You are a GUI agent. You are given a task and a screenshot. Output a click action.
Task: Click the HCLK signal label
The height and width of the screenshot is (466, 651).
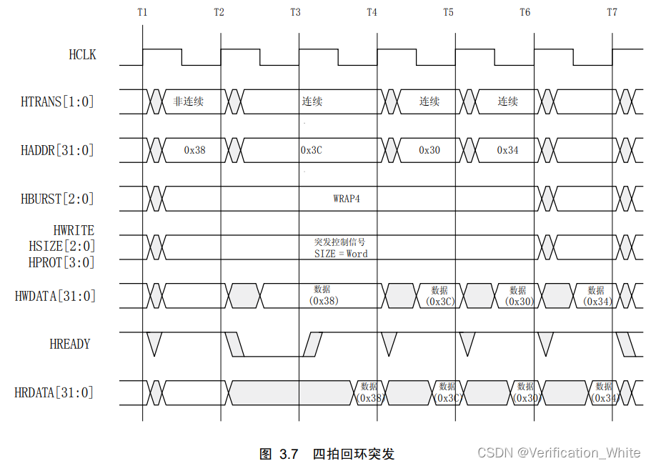click(x=81, y=54)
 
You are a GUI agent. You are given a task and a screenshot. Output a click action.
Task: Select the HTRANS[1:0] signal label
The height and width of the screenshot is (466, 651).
click(x=57, y=101)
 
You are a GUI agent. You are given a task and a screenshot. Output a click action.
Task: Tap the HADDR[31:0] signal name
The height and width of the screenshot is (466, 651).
click(x=57, y=150)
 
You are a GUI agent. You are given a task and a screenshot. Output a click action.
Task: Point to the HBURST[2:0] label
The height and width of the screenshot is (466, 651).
click(x=57, y=199)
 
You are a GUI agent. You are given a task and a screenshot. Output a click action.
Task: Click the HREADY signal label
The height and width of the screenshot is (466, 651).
click(x=70, y=344)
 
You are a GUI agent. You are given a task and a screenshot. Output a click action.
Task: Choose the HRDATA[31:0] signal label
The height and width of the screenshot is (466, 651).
click(x=54, y=392)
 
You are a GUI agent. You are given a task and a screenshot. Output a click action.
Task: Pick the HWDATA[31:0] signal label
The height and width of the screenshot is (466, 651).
click(x=55, y=295)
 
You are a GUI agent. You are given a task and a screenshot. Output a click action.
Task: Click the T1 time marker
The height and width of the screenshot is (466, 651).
click(x=142, y=12)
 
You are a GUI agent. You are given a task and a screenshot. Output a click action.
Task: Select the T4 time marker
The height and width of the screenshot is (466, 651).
click(x=372, y=12)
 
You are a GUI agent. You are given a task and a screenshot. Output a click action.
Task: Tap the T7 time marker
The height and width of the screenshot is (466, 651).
click(x=612, y=12)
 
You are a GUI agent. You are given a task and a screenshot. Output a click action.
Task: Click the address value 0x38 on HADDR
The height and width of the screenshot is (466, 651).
click(x=194, y=150)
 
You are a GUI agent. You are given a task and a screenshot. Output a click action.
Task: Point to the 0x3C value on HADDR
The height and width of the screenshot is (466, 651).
click(x=312, y=150)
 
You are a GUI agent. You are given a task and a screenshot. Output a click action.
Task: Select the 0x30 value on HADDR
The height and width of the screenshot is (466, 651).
click(x=429, y=150)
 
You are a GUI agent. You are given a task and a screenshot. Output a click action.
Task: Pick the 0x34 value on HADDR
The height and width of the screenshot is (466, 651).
click(x=508, y=150)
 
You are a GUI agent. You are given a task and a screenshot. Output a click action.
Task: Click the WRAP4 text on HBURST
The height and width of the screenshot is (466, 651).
click(x=347, y=198)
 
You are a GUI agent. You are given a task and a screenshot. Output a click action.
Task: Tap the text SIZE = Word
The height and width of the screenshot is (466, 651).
click(x=341, y=254)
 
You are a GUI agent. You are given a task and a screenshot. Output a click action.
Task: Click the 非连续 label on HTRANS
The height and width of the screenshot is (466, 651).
click(x=188, y=101)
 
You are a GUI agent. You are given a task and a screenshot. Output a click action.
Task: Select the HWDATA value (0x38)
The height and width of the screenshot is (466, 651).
click(x=324, y=301)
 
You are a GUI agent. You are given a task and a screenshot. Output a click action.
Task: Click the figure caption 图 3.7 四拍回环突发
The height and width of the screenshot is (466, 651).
click(x=327, y=454)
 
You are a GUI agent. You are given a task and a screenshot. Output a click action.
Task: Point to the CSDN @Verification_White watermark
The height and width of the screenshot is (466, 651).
click(x=559, y=452)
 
